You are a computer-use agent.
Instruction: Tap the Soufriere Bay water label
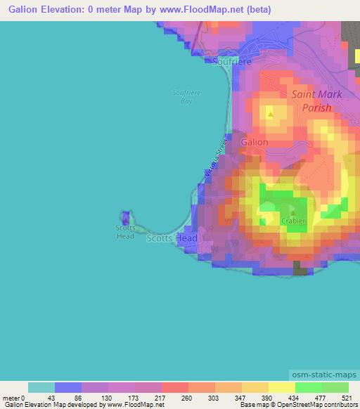pyautogui.click(x=182, y=97)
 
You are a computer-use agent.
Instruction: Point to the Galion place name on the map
pyautogui.click(x=255, y=142)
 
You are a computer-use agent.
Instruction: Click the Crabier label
pyautogui.click(x=293, y=220)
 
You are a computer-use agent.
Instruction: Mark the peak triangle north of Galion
pyautogui.click(x=271, y=112)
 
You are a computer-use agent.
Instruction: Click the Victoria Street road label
pyautogui.click(x=216, y=159)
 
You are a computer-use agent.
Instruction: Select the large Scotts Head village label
pyautogui.click(x=172, y=239)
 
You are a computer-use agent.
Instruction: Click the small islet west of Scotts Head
pyautogui.click(x=126, y=219)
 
